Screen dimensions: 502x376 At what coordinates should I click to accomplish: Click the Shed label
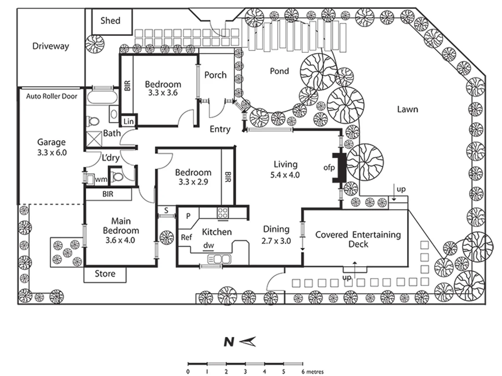click(110, 21)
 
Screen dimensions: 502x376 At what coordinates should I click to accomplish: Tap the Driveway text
click(51, 46)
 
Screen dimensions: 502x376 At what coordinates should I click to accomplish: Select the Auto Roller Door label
click(52, 96)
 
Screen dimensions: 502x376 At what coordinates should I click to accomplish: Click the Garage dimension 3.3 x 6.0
click(52, 152)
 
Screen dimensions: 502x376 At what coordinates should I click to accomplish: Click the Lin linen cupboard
click(129, 122)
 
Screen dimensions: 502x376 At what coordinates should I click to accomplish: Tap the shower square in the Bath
click(94, 139)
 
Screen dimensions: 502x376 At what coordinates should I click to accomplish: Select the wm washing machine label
click(101, 179)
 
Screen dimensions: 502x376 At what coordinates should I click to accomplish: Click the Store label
click(105, 274)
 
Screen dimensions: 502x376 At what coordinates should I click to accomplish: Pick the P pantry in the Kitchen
click(188, 216)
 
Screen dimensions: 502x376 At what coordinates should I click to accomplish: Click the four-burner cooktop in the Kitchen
click(222, 213)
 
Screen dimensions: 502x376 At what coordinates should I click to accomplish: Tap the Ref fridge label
click(187, 237)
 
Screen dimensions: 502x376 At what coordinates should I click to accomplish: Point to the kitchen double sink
click(219, 259)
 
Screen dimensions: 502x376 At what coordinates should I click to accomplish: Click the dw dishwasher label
click(208, 245)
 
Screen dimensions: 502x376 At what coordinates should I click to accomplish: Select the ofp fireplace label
click(329, 168)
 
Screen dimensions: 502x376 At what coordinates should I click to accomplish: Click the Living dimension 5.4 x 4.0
click(285, 175)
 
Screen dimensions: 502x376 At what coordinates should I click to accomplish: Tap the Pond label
click(279, 71)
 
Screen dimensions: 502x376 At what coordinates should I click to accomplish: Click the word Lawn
click(407, 109)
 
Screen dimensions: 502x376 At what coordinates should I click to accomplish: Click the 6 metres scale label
click(312, 372)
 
